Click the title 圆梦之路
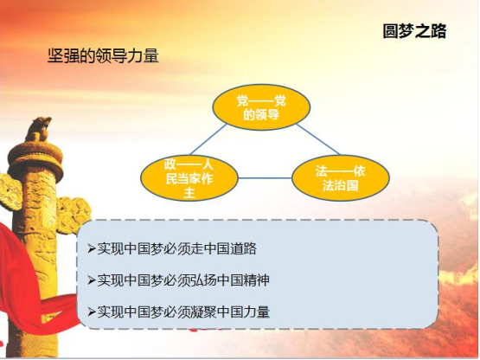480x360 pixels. click(414, 31)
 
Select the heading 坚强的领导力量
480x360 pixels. click(103, 55)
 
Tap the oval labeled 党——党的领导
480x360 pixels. click(261, 107)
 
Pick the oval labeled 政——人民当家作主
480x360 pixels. click(189, 178)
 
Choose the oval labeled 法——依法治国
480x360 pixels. click(341, 178)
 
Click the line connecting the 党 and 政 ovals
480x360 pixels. click(208, 139)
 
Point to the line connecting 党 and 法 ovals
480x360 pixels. click(318, 139)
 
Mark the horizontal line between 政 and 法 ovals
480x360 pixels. click(266, 178)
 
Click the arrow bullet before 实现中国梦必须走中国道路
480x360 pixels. click(92, 248)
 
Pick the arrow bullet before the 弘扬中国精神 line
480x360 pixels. click(92, 280)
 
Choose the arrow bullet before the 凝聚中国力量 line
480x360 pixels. click(92, 312)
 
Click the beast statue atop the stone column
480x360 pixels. click(38, 129)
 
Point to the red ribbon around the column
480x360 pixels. click(28, 294)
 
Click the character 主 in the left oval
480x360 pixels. click(189, 193)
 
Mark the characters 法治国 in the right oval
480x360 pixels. click(341, 186)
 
